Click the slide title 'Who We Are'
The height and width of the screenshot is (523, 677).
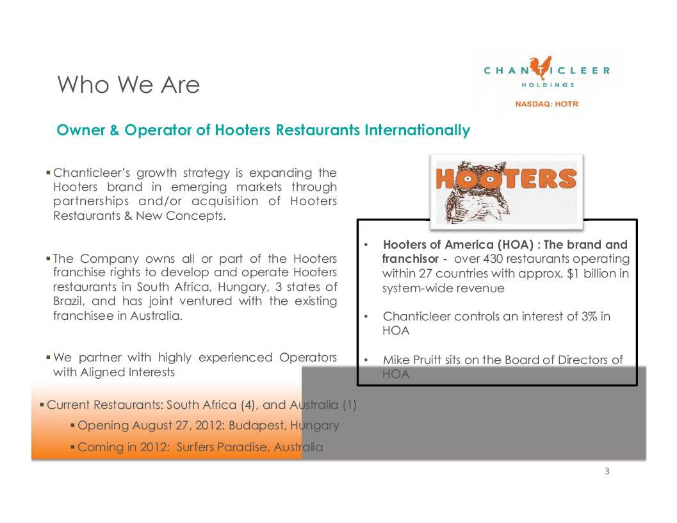[129, 85]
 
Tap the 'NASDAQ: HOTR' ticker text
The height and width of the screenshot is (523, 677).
[546, 104]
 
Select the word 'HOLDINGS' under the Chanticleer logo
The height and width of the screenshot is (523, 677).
[547, 84]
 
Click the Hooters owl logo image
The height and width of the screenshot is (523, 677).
[506, 190]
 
